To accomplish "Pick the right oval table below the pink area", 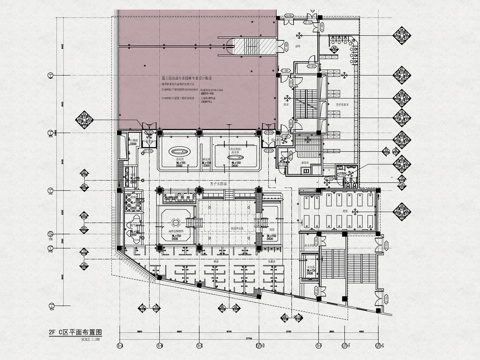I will [x=237, y=157].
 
